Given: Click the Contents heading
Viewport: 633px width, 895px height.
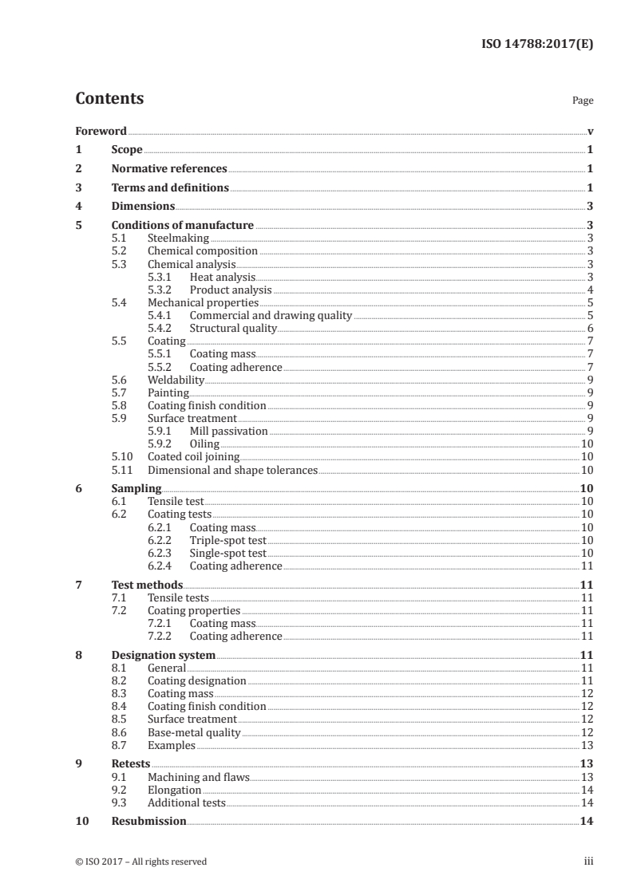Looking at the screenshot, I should [109, 99].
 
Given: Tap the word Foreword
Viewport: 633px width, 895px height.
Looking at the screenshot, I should [101, 131].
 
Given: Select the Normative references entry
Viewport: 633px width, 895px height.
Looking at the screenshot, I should [169, 169].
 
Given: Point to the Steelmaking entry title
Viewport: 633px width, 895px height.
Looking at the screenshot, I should [178, 238].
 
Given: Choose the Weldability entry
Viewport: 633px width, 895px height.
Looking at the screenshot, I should [176, 380].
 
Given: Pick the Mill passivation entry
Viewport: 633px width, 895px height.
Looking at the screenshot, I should [228, 431].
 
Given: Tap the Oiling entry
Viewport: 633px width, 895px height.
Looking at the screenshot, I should [204, 444].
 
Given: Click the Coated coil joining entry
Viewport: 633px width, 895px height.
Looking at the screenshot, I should [193, 457].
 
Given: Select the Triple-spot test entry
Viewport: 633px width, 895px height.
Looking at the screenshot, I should [227, 540].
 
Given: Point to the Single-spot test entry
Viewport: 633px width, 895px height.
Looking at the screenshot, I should [227, 553].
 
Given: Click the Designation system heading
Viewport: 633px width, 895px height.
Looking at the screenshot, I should [164, 656].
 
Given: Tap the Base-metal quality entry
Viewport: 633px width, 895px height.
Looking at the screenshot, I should [194, 732].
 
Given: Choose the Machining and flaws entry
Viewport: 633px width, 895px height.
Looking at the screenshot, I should [199, 777].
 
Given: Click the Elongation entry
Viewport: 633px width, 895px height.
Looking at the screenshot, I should [174, 790].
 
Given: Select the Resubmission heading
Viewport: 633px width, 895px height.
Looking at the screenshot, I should [149, 822].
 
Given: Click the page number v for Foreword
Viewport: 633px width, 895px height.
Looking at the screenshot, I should [590, 131].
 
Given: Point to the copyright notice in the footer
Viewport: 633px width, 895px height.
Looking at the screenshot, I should [140, 861].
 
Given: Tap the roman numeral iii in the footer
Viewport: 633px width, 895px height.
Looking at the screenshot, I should [589, 861].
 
